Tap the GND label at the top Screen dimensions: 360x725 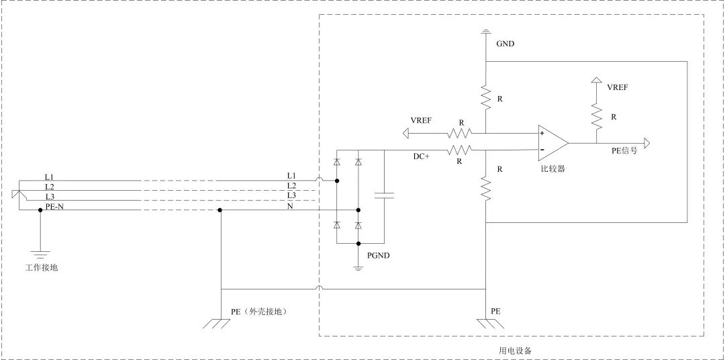coord(505,44)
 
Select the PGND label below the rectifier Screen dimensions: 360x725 coord(379,256)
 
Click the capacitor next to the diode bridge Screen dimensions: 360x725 coord(385,195)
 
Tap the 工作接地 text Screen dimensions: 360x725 coord(40,268)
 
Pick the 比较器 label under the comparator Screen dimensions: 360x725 coord(552,169)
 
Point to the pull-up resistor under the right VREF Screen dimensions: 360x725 coord(595,116)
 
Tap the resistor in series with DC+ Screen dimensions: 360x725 coord(461,150)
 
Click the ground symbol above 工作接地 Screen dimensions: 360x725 coord(40,254)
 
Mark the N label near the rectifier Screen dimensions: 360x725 coord(290,206)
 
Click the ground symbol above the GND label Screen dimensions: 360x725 coord(485,31)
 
